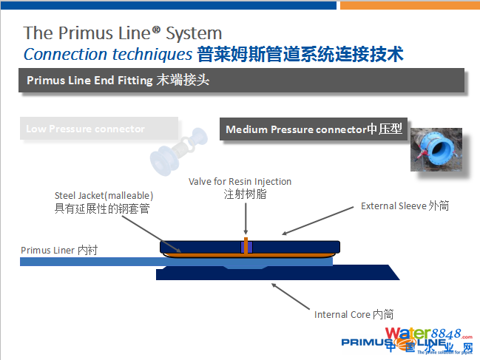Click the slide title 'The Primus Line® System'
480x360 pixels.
coord(123,33)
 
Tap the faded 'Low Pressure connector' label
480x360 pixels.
coord(85,129)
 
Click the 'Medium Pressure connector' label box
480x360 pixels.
coord(314,129)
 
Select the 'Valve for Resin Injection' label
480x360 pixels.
coord(240,181)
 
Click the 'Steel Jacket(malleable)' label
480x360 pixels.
coord(104,195)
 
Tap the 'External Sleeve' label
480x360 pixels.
coord(405,206)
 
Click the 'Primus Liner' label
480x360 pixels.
coord(58,250)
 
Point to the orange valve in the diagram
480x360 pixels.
coord(245,245)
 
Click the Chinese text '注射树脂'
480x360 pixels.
coord(240,194)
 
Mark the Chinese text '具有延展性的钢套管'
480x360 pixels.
coord(102,208)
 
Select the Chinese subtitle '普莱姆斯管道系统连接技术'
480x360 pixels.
coord(300,54)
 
